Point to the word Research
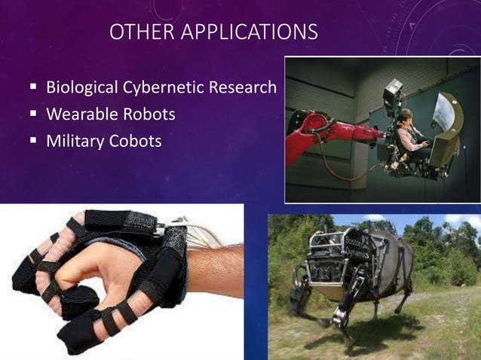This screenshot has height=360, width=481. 244,88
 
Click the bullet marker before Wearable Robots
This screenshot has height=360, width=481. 34,115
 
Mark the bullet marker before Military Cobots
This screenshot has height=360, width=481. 34,142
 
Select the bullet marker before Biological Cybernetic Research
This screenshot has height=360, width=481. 34,89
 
